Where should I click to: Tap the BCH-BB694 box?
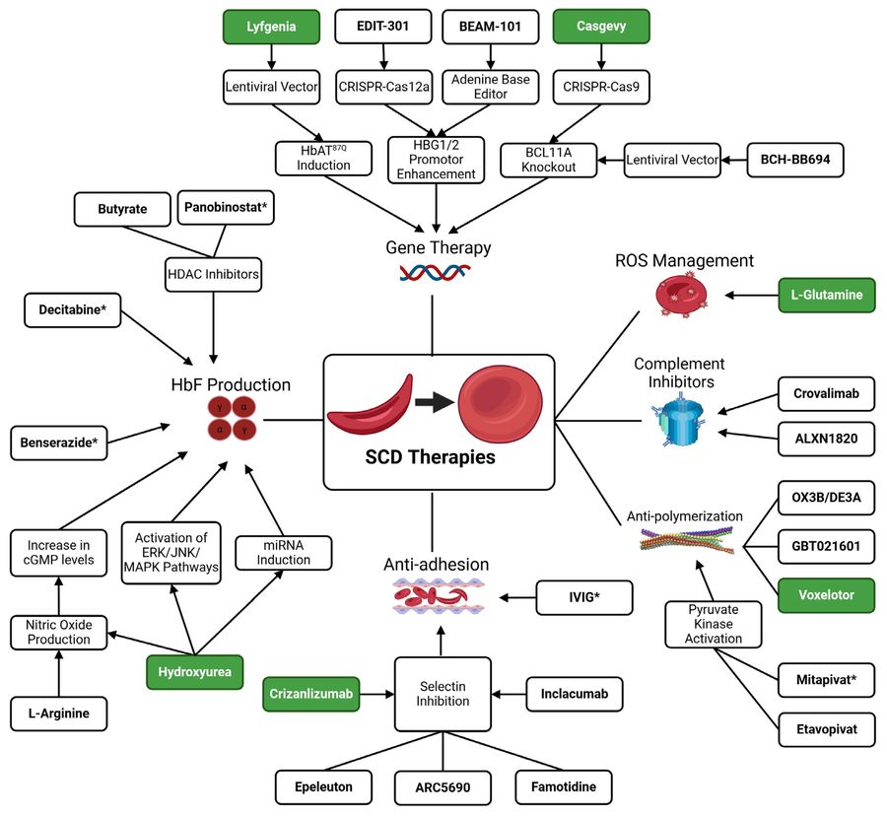(793, 158)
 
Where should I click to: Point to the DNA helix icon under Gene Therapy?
(434, 273)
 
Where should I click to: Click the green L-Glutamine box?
(826, 294)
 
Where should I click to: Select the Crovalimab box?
(826, 393)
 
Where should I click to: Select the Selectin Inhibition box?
(442, 695)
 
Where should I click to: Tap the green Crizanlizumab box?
(311, 695)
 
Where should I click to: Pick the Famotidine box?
(563, 787)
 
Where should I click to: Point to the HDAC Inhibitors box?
(213, 277)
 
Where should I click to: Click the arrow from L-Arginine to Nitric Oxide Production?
(59, 677)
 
